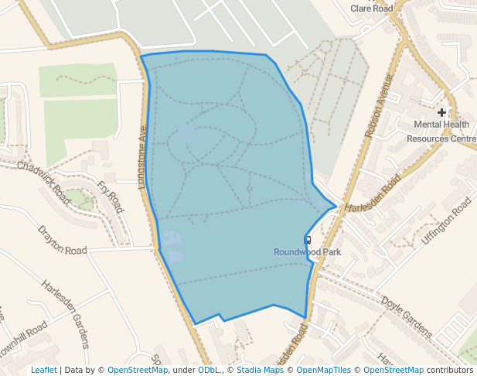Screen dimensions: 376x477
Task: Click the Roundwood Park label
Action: point(307,252)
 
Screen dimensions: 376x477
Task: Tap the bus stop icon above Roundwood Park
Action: point(308,240)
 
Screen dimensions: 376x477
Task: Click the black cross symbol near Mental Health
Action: point(441,113)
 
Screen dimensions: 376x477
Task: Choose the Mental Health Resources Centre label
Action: point(441,132)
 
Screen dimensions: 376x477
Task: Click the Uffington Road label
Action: point(446,221)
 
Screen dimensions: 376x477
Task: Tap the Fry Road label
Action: point(111,197)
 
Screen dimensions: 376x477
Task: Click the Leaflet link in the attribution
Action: point(44,370)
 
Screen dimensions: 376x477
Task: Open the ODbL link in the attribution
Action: point(208,370)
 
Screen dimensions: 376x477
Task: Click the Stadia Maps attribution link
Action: point(259,370)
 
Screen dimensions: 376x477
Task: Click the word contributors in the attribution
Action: point(450,370)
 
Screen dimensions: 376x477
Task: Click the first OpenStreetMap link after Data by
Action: point(138,370)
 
